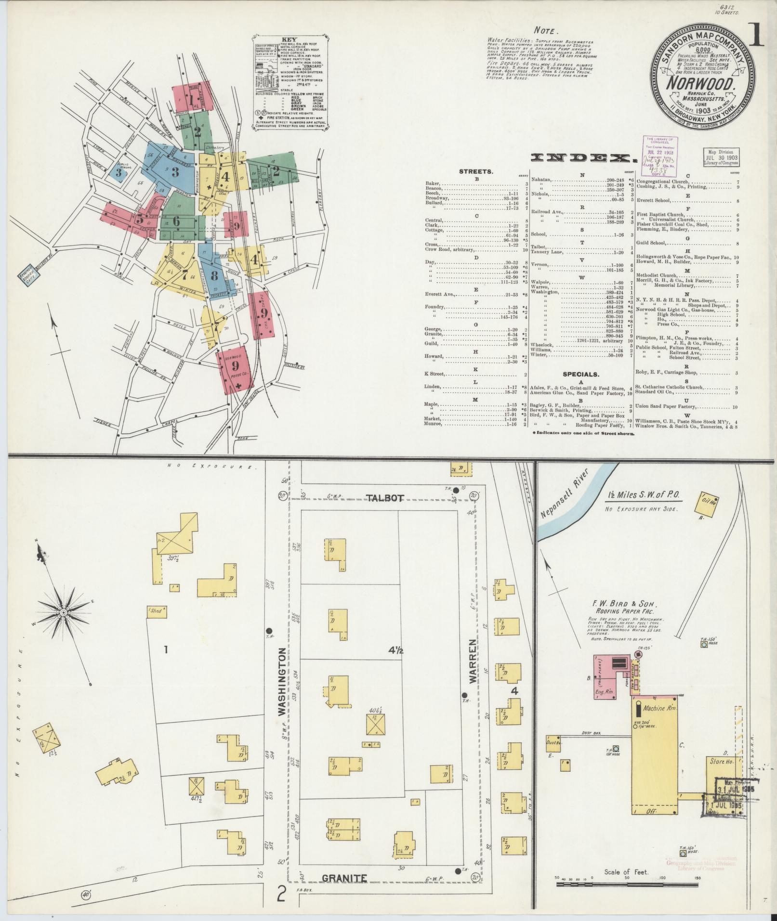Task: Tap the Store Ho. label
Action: coord(721,775)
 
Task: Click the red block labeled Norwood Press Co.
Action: coord(235,368)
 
